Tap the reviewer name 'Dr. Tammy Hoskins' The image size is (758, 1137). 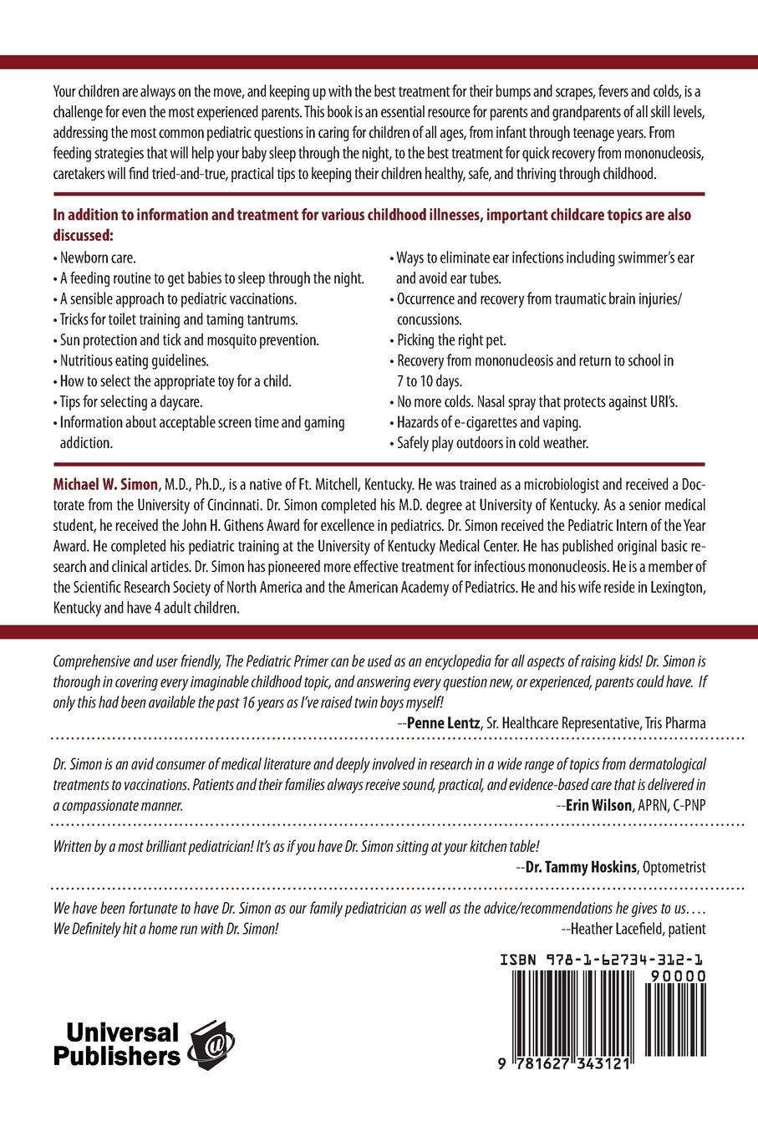pos(581,867)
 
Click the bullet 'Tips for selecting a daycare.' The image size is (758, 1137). pos(130,402)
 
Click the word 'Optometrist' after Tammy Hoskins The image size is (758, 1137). pos(674,867)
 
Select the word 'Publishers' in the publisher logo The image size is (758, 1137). pos(117,1056)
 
